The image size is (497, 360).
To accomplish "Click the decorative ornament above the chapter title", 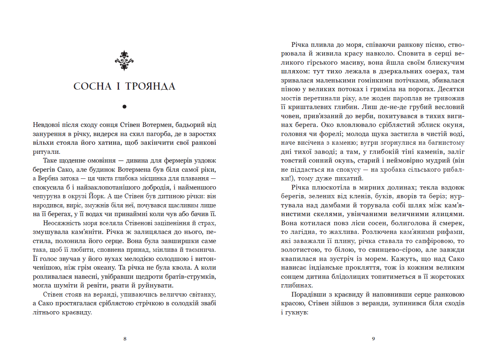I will point(124,61).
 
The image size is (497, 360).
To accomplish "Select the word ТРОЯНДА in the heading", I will point(150,86).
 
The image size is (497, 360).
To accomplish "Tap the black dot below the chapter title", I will point(124,107).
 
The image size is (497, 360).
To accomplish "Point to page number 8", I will point(125,339).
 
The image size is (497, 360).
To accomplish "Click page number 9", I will point(373,339).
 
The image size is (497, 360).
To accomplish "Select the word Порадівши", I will point(308,295).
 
